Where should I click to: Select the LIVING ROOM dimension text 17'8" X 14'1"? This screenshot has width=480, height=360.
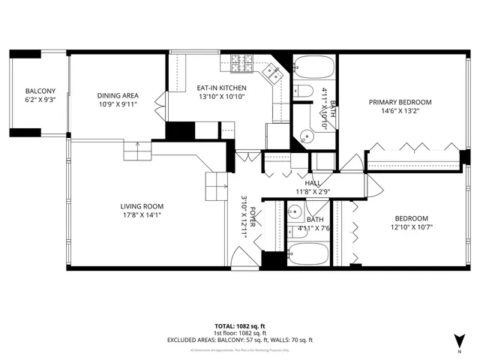pyautogui.click(x=142, y=215)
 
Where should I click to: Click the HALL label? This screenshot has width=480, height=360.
pyautogui.click(x=313, y=183)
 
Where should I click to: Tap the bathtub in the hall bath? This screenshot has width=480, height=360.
pyautogui.click(x=308, y=253)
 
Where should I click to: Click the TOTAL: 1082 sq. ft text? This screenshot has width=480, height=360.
pyautogui.click(x=239, y=326)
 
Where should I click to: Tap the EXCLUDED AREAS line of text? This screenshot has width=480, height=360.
pyautogui.click(x=239, y=340)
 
